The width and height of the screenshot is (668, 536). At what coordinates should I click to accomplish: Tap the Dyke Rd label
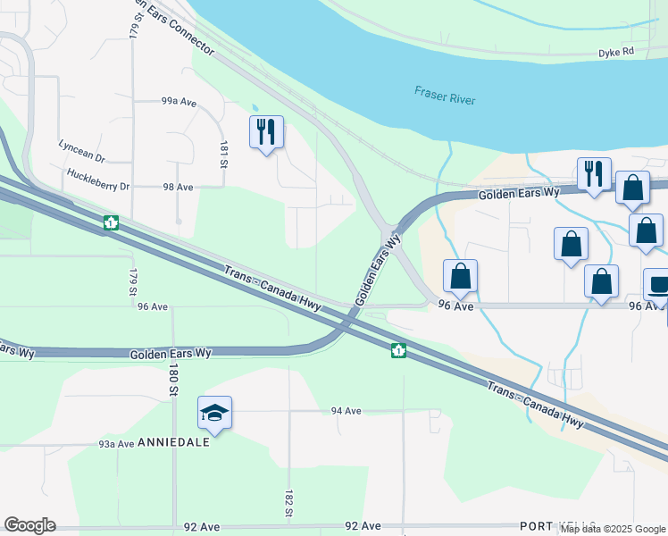pyautogui.click(x=615, y=53)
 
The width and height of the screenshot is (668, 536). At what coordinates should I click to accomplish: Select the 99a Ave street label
pyautogui.click(x=179, y=102)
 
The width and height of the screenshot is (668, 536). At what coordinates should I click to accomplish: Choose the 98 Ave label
pyautogui.click(x=179, y=187)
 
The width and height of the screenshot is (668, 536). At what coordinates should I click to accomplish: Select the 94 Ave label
pyautogui.click(x=346, y=410)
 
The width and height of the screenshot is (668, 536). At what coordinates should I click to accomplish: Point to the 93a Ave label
pyautogui.click(x=116, y=443)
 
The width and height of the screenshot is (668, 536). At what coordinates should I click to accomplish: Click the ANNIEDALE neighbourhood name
pyautogui.click(x=180, y=442)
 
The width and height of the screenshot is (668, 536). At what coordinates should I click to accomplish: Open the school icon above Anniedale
pyautogui.click(x=214, y=413)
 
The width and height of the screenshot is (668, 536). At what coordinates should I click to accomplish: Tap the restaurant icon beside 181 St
pyautogui.click(x=266, y=132)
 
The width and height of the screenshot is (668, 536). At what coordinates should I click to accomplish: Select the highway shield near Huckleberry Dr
pyautogui.click(x=111, y=222)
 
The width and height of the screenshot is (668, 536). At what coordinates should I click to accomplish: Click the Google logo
pyautogui.click(x=29, y=525)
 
